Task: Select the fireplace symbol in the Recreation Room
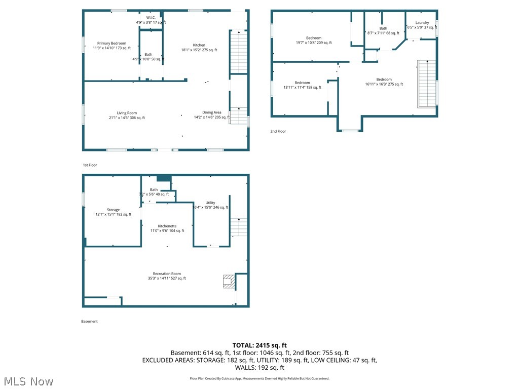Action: (229, 282)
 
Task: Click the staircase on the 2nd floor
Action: (427, 84)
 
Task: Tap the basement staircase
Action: (239, 227)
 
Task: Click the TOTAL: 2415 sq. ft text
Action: (259, 345)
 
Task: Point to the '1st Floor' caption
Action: (90, 165)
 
